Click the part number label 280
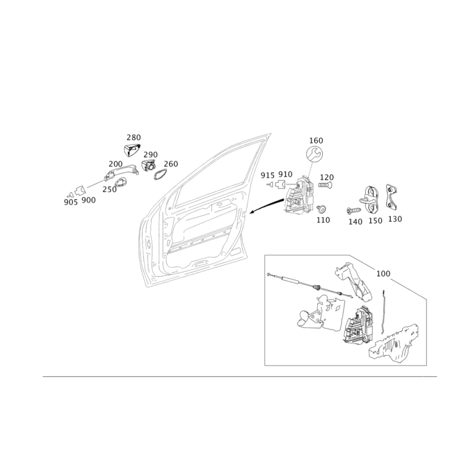point(134,137)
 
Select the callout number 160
point(316,141)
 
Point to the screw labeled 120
point(326,185)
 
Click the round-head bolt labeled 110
point(321,209)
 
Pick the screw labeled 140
point(354,210)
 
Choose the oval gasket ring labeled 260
point(159,175)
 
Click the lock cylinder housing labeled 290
point(149,166)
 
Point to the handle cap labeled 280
point(131,150)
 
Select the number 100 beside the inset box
point(383,274)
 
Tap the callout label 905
point(71,202)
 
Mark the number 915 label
point(267,175)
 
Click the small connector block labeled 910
point(279,185)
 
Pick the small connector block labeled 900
point(79,191)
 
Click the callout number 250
point(110,190)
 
